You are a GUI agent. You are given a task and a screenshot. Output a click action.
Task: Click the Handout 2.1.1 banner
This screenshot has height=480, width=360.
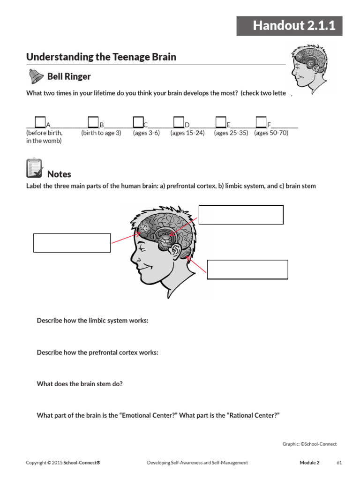tap(289, 26)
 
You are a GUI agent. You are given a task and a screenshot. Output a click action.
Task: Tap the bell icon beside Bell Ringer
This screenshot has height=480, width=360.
tap(36, 76)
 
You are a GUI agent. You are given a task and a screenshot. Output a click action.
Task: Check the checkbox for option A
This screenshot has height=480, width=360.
tap(40, 122)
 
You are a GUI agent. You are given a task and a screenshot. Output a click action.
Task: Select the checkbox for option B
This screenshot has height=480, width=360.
tap(93, 122)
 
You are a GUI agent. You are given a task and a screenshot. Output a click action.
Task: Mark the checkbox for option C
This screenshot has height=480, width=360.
tap(138, 122)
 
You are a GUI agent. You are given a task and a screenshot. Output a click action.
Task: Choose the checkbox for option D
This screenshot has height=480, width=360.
tap(179, 122)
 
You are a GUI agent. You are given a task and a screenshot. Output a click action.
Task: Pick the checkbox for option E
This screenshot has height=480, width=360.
tap(221, 122)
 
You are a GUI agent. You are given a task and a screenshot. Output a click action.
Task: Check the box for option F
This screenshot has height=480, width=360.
tap(261, 122)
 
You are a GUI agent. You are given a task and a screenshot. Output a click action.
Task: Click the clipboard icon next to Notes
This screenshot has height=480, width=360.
tap(34, 169)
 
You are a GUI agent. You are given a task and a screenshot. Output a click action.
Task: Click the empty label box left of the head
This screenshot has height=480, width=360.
tap(72, 243)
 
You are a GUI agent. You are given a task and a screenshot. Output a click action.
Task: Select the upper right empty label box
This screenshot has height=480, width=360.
tap(241, 215)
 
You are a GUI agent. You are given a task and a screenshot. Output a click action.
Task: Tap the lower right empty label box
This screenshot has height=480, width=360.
tap(247, 270)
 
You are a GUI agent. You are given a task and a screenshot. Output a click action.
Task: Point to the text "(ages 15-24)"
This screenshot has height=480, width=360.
tap(187, 133)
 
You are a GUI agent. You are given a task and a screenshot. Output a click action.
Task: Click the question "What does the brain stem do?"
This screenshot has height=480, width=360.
tap(80, 384)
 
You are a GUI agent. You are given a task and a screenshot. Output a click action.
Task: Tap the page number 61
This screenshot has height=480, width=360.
tap(339, 463)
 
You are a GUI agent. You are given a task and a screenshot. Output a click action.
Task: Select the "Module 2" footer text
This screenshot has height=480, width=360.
tap(309, 463)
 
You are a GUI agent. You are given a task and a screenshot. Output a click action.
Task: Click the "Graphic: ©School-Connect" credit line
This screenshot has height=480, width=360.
tap(309, 444)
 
